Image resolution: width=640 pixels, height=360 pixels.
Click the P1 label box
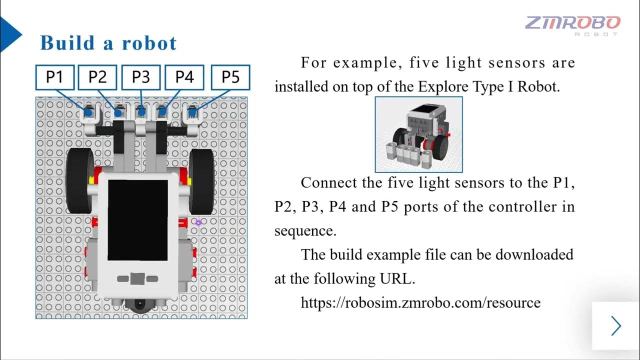click(55, 77)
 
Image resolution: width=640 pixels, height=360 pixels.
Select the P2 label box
click(97, 77)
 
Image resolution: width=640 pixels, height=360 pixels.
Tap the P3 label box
click(141, 77)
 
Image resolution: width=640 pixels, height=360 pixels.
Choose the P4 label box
click(184, 77)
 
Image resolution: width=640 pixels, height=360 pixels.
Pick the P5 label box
click(230, 77)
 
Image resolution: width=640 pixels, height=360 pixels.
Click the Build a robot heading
click(108, 43)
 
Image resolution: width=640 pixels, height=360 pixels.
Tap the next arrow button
click(616, 326)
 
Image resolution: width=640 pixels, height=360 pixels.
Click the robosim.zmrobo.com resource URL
click(420, 302)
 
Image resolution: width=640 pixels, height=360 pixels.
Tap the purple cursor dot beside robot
click(198, 222)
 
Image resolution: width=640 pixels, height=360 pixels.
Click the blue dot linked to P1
click(88, 113)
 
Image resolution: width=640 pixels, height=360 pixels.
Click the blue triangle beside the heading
click(10, 34)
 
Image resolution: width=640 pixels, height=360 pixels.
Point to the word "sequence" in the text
click(304, 231)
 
